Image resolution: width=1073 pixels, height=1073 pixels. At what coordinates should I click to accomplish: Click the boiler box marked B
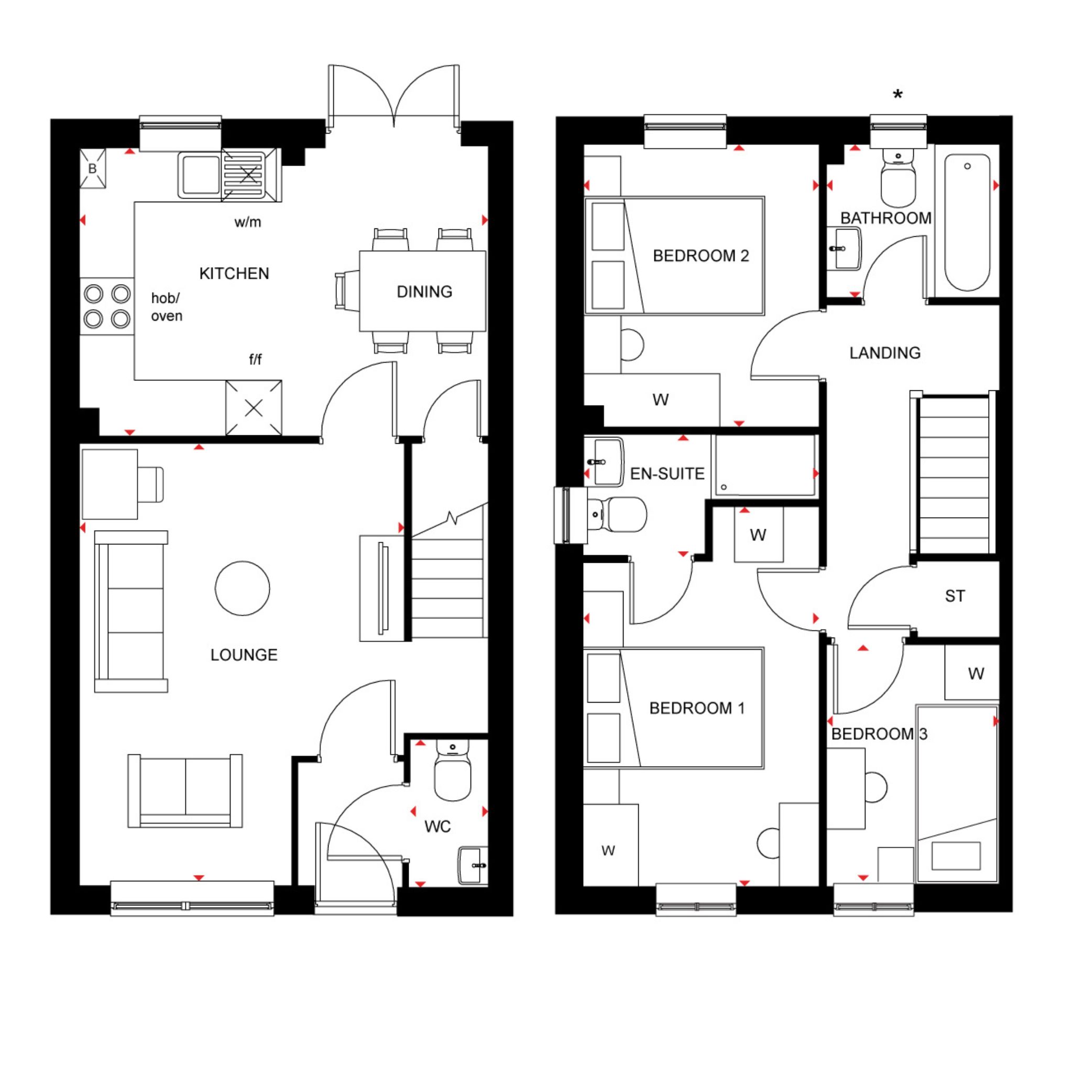click(93, 168)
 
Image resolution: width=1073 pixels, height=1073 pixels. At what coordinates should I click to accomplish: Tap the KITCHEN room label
click(234, 273)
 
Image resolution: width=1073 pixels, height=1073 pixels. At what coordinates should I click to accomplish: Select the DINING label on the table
click(424, 292)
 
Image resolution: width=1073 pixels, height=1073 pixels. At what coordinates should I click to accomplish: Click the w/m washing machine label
click(248, 222)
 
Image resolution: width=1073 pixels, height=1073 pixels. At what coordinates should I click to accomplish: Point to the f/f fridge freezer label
click(255, 359)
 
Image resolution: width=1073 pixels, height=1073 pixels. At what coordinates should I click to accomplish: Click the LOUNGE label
click(244, 655)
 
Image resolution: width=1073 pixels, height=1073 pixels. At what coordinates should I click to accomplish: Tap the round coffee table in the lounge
click(243, 588)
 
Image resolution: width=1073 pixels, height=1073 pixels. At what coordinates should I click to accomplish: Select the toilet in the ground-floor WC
click(453, 770)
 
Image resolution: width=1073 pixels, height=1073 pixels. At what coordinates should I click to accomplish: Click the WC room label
click(437, 827)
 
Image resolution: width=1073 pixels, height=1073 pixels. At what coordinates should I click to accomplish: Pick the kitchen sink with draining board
click(230, 175)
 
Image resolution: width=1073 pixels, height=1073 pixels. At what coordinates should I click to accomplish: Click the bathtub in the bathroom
click(968, 222)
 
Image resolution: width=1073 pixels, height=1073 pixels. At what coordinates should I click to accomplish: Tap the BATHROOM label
click(886, 218)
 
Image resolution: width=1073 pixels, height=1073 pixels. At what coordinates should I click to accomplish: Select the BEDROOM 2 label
click(701, 256)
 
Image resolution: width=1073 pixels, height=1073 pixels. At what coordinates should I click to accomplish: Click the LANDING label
click(885, 353)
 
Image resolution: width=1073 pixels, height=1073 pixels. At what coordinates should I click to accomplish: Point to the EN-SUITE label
click(667, 474)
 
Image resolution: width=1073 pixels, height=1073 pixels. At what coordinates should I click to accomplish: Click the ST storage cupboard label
click(955, 596)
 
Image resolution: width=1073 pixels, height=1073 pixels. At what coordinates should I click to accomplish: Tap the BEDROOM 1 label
click(697, 708)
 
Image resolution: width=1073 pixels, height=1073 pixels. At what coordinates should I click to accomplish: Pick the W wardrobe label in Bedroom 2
click(660, 399)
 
